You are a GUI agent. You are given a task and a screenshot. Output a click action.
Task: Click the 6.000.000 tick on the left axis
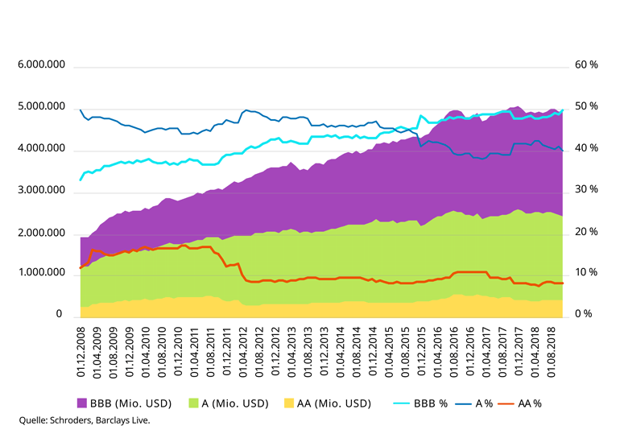[41, 64]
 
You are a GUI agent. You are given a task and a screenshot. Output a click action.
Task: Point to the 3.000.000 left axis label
[41, 190]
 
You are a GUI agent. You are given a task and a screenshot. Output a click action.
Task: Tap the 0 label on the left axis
[59, 314]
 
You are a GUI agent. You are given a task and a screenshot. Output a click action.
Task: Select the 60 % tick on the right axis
[586, 64]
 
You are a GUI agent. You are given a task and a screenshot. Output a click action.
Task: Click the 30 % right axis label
[586, 189]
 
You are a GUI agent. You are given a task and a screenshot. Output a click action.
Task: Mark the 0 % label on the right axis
[584, 314]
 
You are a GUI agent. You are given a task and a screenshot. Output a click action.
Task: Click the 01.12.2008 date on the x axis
[81, 352]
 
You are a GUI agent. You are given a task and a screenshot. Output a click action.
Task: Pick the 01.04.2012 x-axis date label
[243, 352]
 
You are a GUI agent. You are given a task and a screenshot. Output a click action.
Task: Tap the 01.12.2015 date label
[421, 352]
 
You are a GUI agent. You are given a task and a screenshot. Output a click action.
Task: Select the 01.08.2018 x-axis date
[552, 352]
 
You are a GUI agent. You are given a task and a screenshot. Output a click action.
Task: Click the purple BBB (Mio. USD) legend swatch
[81, 403]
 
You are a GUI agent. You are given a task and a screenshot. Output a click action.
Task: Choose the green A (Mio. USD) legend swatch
[193, 403]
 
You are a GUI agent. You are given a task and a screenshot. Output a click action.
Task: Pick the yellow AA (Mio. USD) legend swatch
[289, 403]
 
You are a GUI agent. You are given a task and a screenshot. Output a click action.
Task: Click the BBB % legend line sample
[401, 403]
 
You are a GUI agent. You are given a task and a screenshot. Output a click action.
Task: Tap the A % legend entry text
[484, 403]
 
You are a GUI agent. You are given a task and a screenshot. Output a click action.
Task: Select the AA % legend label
[530, 403]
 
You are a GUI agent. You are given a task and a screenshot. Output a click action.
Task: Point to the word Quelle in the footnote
[33, 420]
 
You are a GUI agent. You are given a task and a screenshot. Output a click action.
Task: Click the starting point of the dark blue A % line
[81, 110]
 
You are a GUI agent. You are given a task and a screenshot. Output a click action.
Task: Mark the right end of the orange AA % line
[562, 283]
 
